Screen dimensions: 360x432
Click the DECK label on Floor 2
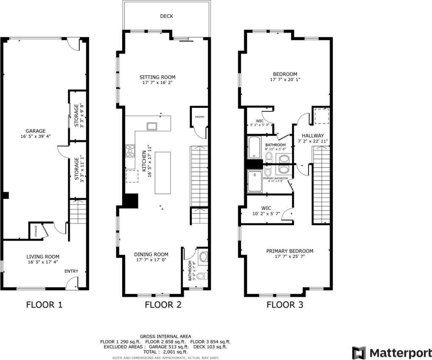click(166, 16)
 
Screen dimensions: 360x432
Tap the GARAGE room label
click(35, 131)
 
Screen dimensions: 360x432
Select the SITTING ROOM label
click(157, 77)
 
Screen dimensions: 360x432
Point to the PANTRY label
click(199, 116)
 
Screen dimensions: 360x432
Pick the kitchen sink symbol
click(151, 126)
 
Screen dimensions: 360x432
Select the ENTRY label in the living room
click(71, 271)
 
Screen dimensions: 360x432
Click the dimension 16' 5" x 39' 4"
click(35, 137)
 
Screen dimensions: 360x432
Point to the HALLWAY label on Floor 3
click(313, 136)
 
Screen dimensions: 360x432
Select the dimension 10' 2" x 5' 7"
click(266, 214)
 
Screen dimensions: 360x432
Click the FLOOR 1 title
click(45, 304)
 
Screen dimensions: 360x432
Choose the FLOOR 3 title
click(284, 304)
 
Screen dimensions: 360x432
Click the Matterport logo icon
click(359, 353)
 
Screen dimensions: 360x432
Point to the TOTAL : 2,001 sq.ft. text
click(166, 352)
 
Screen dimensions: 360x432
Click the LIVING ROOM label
click(43, 257)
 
